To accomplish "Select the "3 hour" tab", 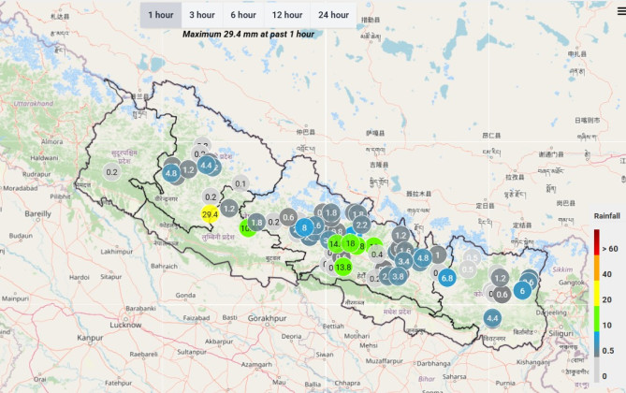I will click(x=202, y=15).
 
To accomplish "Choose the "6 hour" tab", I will click(x=243, y=15).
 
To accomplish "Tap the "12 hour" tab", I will click(x=287, y=15).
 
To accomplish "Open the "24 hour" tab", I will click(x=334, y=15).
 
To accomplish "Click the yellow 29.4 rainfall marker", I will click(x=211, y=214).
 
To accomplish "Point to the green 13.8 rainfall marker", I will click(x=343, y=268).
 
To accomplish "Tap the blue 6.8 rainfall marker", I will click(x=446, y=277).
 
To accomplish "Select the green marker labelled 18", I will click(x=351, y=245).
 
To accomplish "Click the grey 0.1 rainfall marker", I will click(x=240, y=184).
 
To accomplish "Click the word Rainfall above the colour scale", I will click(x=607, y=216).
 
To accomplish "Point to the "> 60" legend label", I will click(x=611, y=248).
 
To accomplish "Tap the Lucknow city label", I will click(x=126, y=324).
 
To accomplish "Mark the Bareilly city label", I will click(x=37, y=213).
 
